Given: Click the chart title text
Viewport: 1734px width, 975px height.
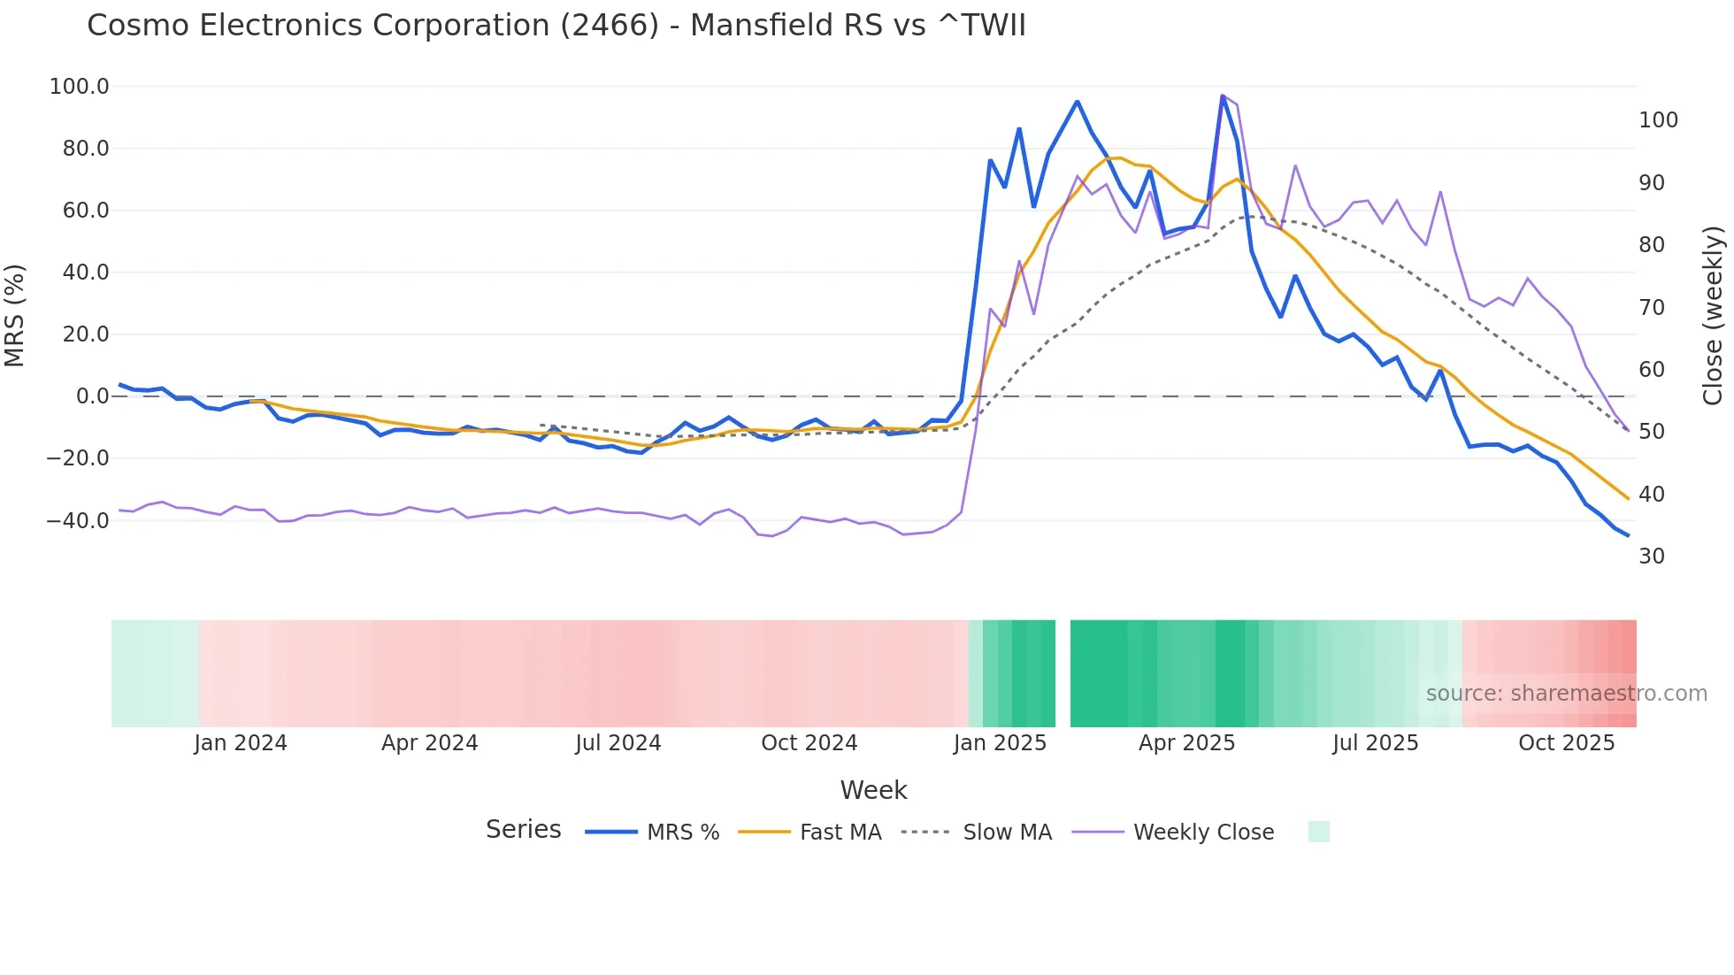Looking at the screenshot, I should click(x=556, y=26).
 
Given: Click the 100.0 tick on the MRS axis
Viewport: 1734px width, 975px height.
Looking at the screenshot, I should click(x=80, y=87).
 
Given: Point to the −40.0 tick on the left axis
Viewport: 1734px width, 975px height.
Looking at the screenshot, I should click(x=78, y=520).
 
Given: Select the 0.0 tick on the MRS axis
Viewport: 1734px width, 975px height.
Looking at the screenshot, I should click(x=92, y=396).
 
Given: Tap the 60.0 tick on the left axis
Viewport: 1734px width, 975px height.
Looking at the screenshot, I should click(x=85, y=211).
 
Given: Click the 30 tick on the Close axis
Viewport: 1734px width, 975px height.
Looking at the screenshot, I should click(x=1652, y=557).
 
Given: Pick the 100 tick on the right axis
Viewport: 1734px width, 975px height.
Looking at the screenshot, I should click(x=1658, y=120).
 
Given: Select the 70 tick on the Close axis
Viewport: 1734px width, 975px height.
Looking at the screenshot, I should click(x=1652, y=307).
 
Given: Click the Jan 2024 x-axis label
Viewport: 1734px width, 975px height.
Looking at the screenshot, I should click(x=241, y=743).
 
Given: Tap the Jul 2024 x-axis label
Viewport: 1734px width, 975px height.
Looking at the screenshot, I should click(x=618, y=743).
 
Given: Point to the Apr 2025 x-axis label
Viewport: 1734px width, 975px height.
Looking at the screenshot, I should click(x=1186, y=743).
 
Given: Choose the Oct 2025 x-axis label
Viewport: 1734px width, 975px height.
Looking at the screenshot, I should click(x=1566, y=743).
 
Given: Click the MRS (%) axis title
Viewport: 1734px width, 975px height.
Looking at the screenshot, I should click(x=15, y=316).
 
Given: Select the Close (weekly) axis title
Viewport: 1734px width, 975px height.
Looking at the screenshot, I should click(x=1713, y=316).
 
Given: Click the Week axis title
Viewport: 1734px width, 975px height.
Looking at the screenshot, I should click(x=873, y=790).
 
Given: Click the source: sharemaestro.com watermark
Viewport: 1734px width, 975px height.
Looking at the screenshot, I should click(x=1566, y=694).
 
